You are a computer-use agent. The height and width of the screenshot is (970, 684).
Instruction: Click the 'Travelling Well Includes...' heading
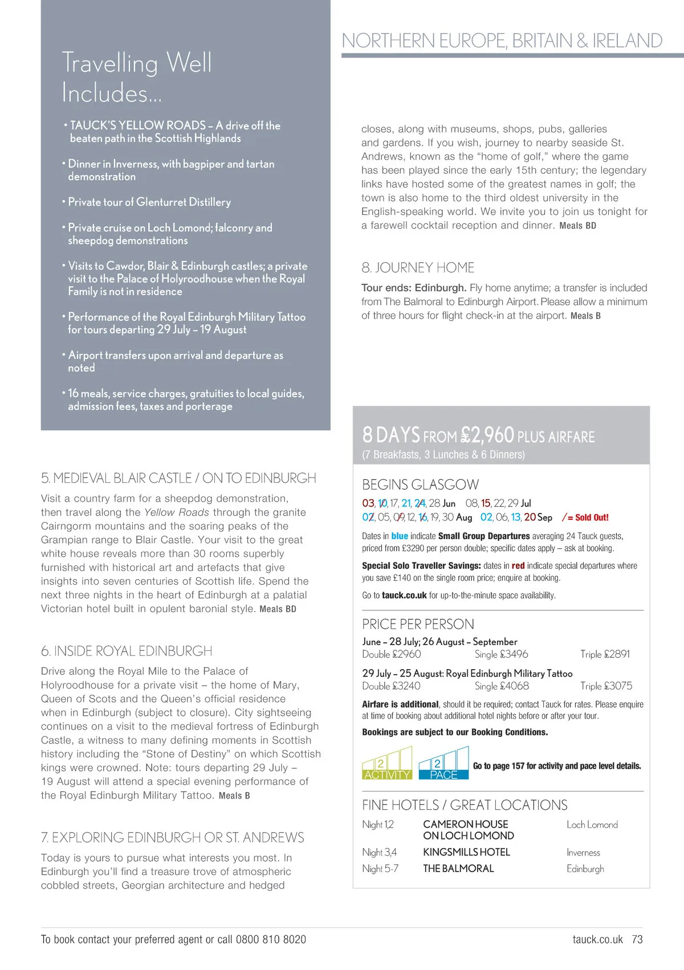tap(137, 78)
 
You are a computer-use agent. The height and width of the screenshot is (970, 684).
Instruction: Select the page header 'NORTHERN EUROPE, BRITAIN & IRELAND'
tap(502, 40)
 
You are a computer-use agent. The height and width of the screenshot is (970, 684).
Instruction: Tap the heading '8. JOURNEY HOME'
tap(418, 268)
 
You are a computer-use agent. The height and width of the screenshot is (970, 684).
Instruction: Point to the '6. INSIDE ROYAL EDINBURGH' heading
tap(127, 651)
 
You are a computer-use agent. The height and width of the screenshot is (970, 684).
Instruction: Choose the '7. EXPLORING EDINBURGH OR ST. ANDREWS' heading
tap(172, 837)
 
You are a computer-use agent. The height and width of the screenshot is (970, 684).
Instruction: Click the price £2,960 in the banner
tap(487, 435)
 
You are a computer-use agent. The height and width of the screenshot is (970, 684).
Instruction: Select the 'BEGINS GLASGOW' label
tap(420, 484)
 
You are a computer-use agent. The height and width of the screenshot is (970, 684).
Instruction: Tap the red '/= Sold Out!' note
tap(585, 517)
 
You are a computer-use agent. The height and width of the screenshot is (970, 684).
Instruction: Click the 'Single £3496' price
tap(501, 654)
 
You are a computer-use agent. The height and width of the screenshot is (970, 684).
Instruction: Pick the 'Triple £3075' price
tap(606, 686)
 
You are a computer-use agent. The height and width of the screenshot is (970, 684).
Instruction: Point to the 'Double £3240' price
tap(391, 686)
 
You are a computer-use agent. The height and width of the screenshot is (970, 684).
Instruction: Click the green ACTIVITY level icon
tap(387, 764)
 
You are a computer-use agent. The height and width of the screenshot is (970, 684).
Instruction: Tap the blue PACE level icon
tap(443, 764)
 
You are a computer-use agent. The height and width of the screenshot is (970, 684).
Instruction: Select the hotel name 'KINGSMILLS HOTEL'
tap(466, 852)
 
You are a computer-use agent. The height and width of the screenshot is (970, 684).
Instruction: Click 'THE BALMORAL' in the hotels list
tap(458, 869)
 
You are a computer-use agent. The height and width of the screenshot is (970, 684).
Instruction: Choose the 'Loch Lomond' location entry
tap(592, 825)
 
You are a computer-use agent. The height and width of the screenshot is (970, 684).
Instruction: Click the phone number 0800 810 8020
tap(271, 939)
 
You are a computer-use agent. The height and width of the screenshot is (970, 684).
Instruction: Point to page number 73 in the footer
tap(637, 939)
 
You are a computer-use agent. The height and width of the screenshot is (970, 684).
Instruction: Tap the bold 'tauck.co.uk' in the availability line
tap(404, 595)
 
